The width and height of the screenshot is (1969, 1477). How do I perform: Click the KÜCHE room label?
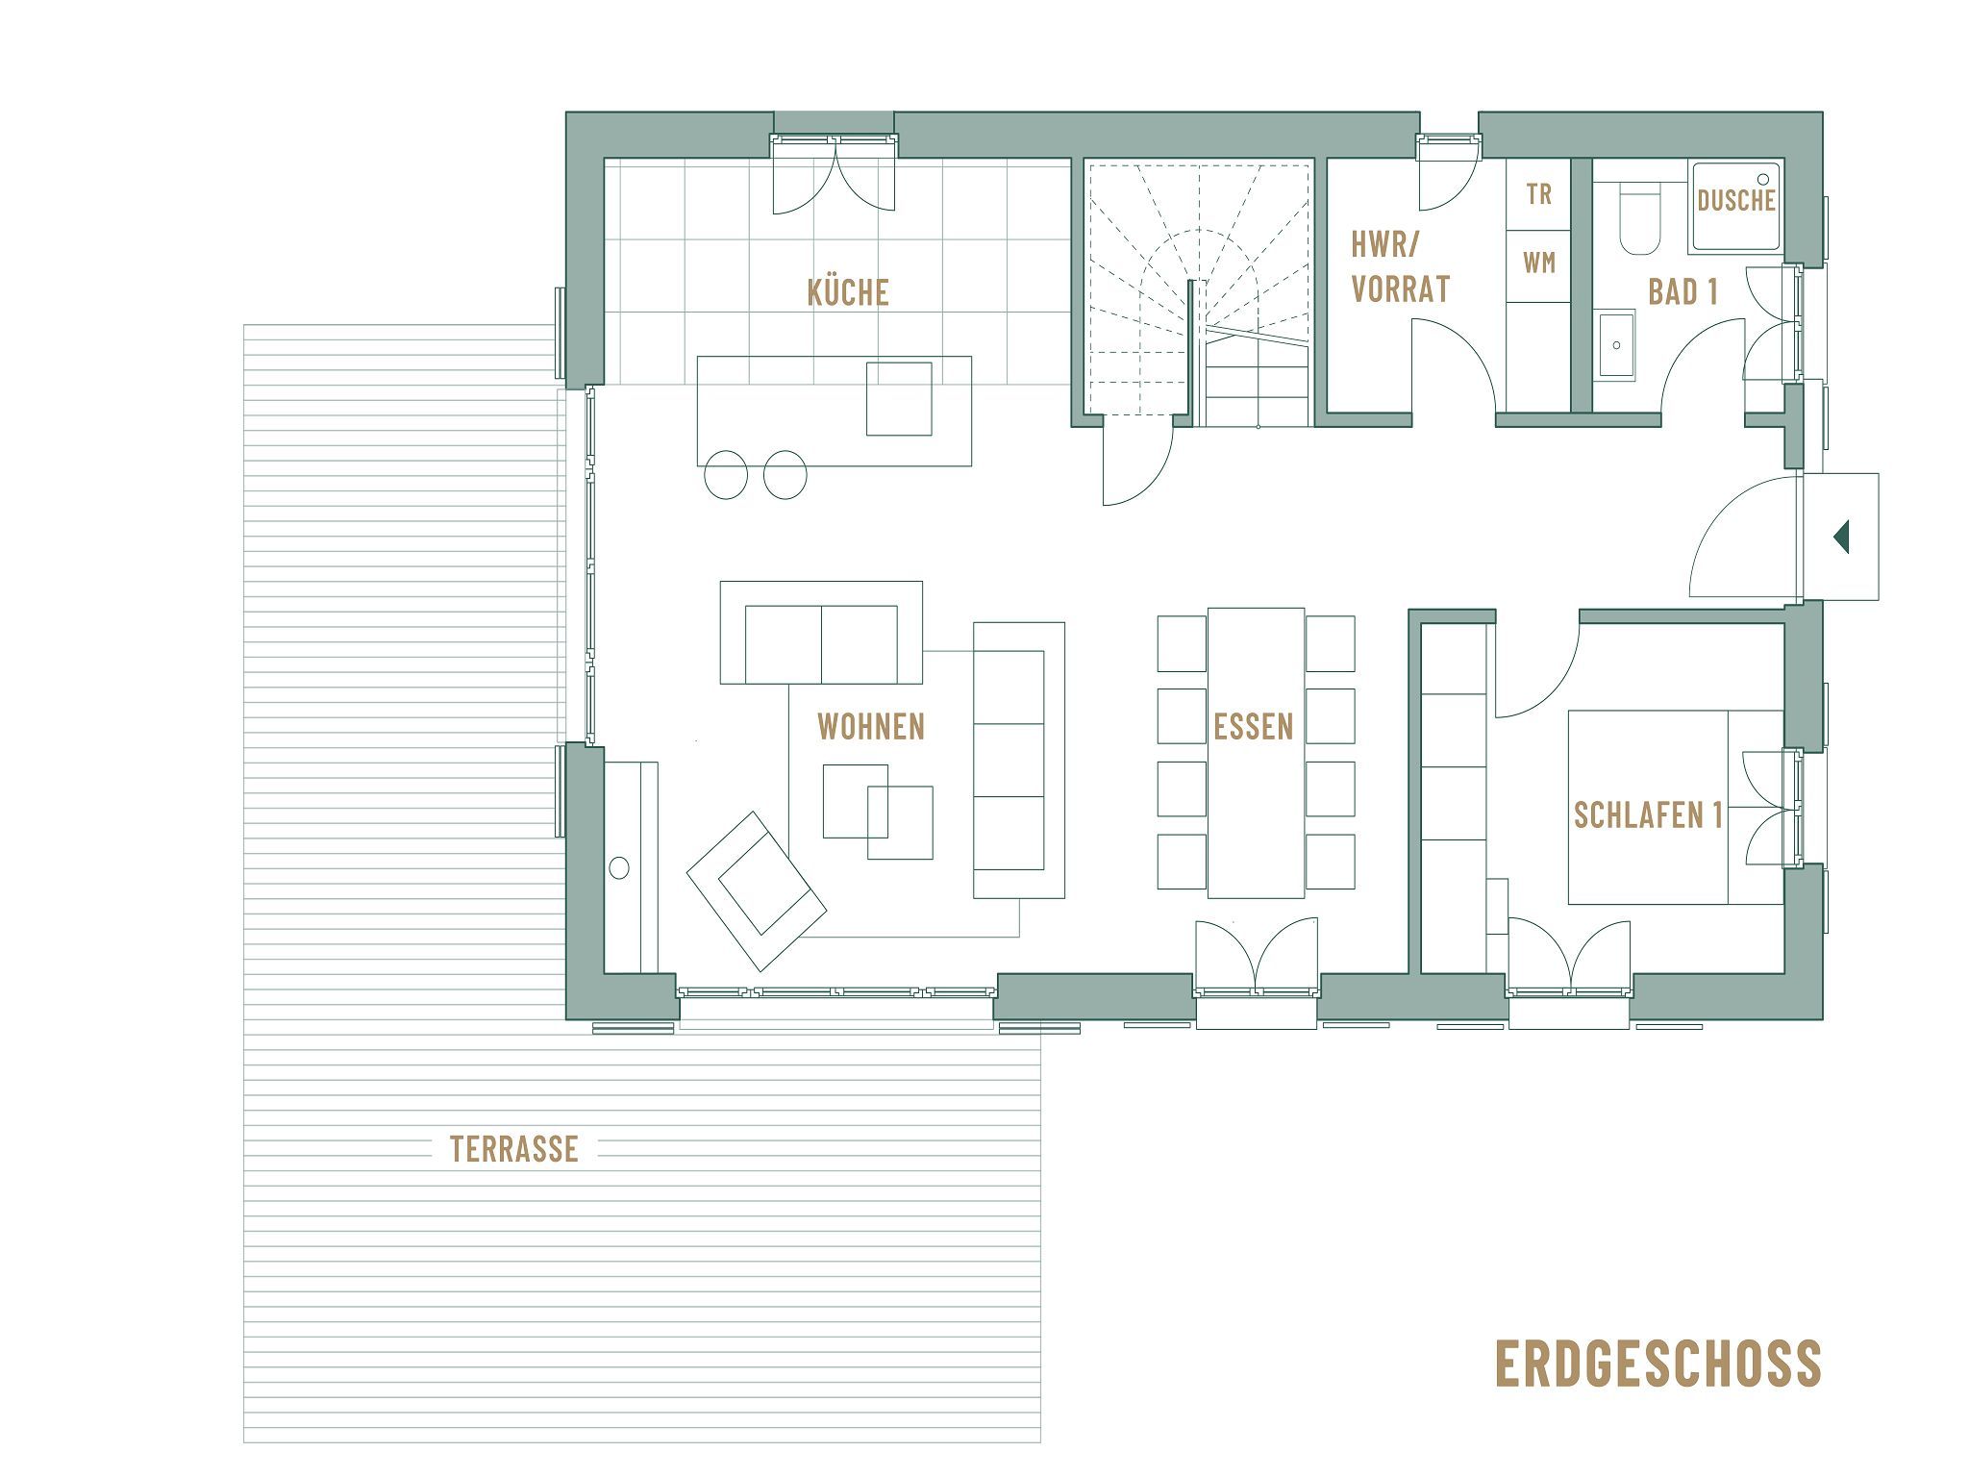(847, 292)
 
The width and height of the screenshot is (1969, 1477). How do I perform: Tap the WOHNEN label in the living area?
(870, 727)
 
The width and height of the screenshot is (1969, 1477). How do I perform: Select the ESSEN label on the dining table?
(1254, 727)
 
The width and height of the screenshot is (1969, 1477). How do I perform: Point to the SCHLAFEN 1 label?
(1647, 815)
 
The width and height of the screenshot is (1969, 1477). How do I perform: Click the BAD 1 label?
(1682, 292)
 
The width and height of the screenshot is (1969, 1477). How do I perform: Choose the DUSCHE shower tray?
(1735, 206)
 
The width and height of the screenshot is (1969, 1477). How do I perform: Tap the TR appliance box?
(1538, 194)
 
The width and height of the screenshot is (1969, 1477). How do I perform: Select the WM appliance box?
(1538, 263)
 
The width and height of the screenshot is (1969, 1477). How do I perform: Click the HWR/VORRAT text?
(1400, 267)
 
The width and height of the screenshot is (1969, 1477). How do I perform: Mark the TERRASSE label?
(514, 1148)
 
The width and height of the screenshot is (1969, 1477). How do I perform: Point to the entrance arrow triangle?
(1841, 537)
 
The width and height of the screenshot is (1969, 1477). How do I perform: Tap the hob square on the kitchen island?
(899, 398)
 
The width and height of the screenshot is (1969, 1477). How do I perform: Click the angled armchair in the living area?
(757, 890)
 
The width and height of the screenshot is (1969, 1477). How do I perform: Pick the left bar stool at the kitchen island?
(726, 475)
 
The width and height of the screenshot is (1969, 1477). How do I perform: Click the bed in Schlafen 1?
(1673, 807)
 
